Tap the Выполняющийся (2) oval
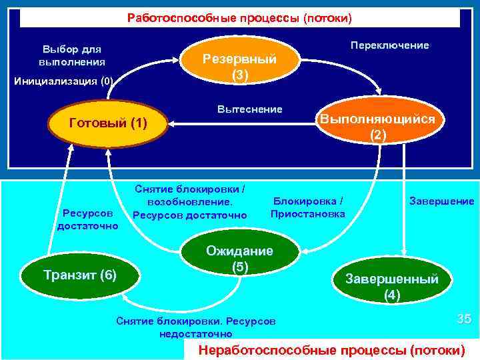tap(377, 127)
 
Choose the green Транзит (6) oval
tap(79, 274)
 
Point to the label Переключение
tap(389, 45)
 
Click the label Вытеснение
tap(250, 109)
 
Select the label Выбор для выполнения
tap(72, 55)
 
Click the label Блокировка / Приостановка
tap(308, 207)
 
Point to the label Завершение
tap(441, 201)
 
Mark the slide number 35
tap(464, 319)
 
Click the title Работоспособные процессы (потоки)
tap(239, 18)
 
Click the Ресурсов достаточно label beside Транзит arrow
tap(87, 219)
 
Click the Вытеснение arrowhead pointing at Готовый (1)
tap(171, 123)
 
